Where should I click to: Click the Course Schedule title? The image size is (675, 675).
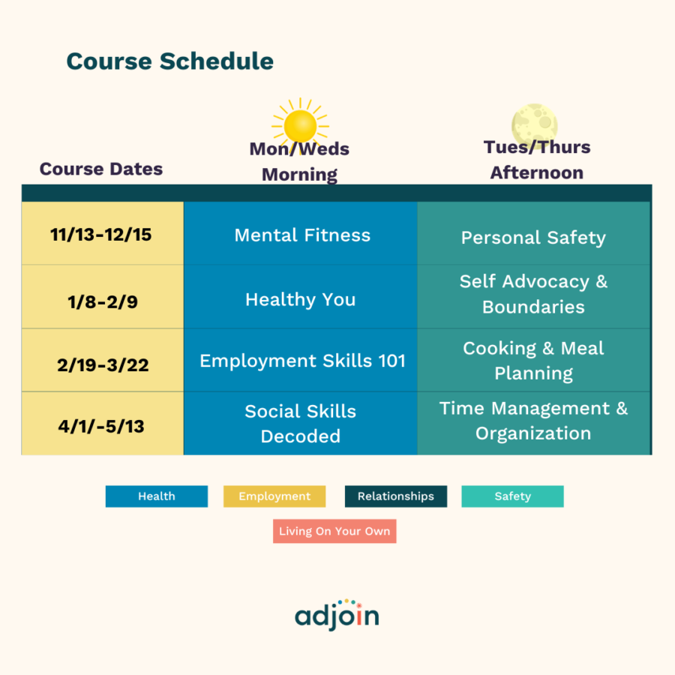coord(170,61)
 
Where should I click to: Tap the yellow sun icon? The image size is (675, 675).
coord(300,124)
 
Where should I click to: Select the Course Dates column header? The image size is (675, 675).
coord(101,169)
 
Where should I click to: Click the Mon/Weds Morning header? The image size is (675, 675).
coord(299,162)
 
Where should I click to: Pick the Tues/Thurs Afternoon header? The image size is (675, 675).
coord(537,160)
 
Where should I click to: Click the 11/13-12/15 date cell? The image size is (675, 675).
coord(101,235)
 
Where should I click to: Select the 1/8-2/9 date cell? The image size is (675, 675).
coord(101,301)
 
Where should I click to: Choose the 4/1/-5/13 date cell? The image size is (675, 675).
coord(101,426)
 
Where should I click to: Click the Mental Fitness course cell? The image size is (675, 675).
coord(302,235)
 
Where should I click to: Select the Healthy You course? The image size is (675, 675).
coord(300,299)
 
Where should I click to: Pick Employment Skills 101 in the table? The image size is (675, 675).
coord(302,360)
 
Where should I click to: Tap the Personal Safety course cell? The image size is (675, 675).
coord(533,238)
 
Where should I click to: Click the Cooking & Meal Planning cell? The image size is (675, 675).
coord(533,361)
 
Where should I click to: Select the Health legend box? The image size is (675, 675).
coord(157,496)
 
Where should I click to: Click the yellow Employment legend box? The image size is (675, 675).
coord(274,496)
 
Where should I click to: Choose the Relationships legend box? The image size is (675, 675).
coord(395,496)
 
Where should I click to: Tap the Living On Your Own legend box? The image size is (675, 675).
coord(334,532)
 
